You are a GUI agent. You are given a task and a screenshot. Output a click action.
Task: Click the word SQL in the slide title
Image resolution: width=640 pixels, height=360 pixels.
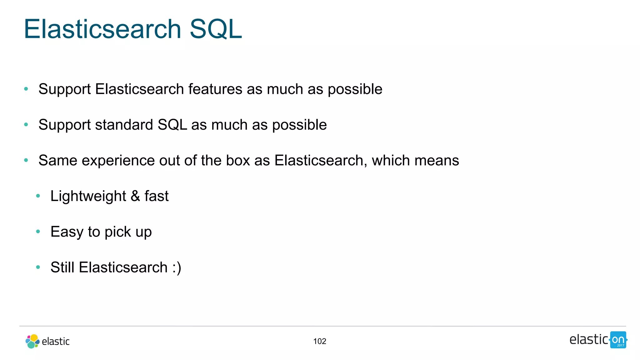coord(216,29)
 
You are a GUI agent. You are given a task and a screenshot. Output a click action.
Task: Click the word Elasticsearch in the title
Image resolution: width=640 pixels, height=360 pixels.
coord(102,29)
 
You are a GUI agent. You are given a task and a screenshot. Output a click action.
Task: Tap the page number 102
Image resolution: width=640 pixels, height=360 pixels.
coord(319,341)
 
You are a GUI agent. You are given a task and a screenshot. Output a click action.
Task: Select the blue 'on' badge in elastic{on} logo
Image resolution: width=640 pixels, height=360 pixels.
coord(618,340)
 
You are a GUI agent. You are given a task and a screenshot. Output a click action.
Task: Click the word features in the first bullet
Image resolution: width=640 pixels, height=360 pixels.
coord(215,89)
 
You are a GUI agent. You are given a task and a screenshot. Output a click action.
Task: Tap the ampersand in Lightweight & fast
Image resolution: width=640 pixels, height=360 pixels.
coord(135,196)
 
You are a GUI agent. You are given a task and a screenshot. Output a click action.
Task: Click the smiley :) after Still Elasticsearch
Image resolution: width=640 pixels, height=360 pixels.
coord(177,267)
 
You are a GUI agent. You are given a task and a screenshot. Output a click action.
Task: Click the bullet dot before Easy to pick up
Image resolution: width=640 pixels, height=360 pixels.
coord(38,232)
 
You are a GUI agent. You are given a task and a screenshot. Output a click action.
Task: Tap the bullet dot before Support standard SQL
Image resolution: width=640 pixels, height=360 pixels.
coord(26,125)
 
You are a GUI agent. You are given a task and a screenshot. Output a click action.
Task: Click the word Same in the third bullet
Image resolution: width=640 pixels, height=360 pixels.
coord(58,160)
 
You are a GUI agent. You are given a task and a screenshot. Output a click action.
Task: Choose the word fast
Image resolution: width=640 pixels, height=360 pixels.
coord(156,196)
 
